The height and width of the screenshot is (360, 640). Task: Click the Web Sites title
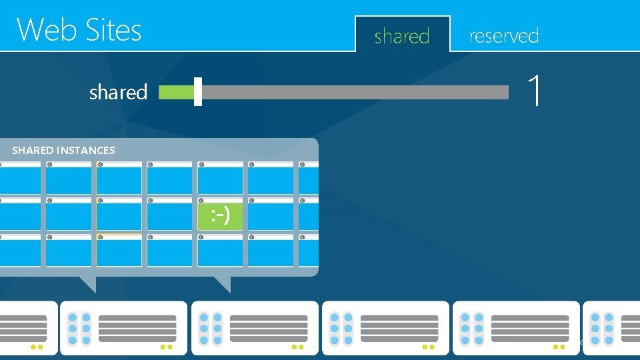[79, 30]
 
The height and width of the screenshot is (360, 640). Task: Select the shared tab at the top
[402, 36]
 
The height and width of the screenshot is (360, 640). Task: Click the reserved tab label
[504, 35]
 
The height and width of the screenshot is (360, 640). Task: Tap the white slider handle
[198, 92]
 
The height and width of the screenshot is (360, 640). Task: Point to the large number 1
[533, 91]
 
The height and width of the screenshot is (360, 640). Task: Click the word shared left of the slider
[118, 92]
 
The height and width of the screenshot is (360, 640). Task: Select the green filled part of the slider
[176, 92]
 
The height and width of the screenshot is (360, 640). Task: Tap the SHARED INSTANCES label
[63, 150]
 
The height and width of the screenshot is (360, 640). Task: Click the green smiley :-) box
[221, 215]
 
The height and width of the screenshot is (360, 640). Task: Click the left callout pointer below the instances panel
[88, 283]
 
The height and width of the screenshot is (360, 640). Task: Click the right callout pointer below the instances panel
[223, 283]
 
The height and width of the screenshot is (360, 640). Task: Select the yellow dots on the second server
[167, 347]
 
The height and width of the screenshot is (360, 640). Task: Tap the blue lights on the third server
[210, 329]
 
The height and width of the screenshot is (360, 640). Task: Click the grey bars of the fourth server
[399, 329]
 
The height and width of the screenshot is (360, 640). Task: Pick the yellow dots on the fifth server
[559, 347]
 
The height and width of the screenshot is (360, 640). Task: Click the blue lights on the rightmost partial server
[601, 329]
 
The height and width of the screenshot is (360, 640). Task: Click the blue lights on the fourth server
[341, 329]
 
